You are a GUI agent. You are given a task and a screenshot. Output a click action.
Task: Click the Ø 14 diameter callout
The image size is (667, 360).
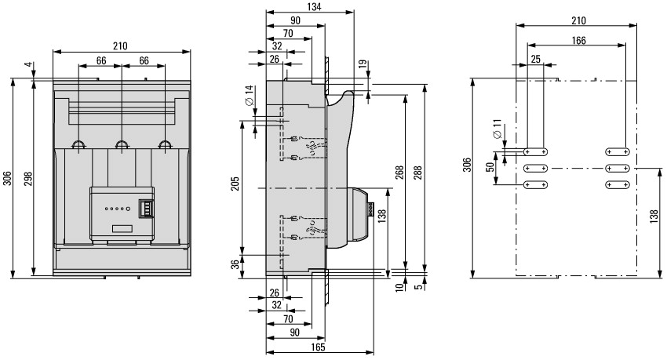click(248, 101)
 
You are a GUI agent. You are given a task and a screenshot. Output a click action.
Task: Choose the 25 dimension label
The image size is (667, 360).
click(536, 59)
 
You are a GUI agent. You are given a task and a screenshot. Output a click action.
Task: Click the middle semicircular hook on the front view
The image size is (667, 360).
click(122, 144)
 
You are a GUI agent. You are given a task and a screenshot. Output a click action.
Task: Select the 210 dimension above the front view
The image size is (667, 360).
click(121, 45)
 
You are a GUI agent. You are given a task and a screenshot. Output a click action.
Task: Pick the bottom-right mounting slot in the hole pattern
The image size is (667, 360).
click(617, 184)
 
